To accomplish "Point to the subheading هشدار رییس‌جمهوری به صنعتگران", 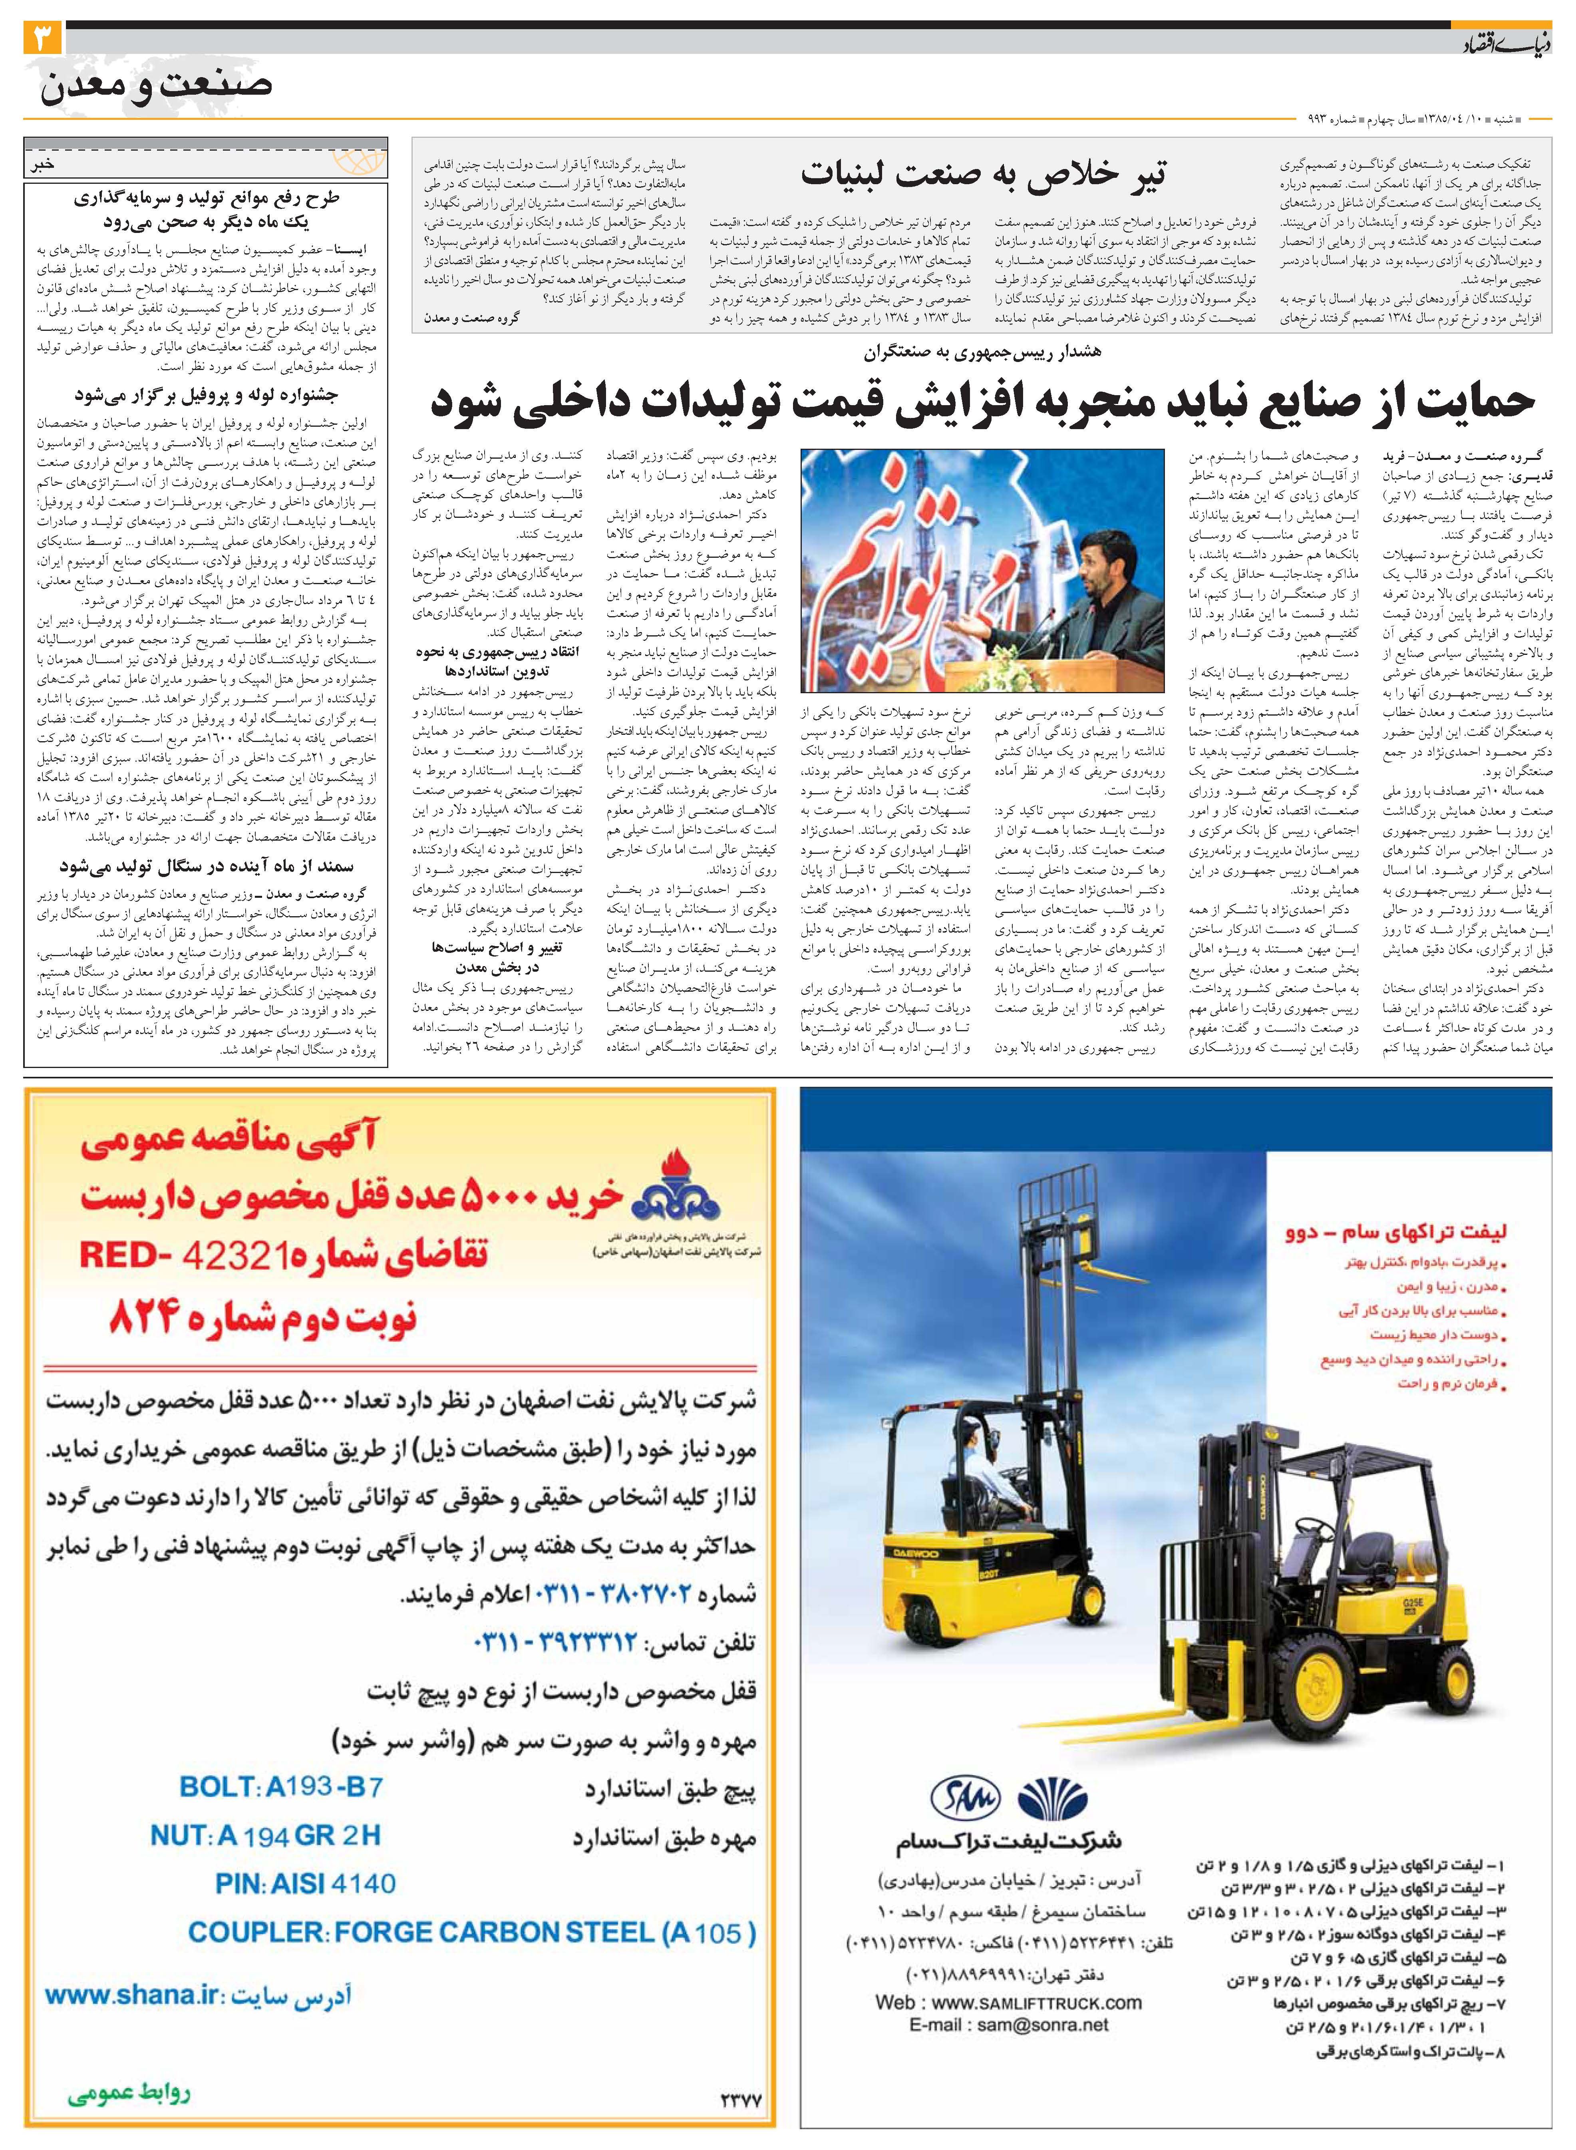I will [983, 353].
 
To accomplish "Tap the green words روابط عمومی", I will [129, 2094].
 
